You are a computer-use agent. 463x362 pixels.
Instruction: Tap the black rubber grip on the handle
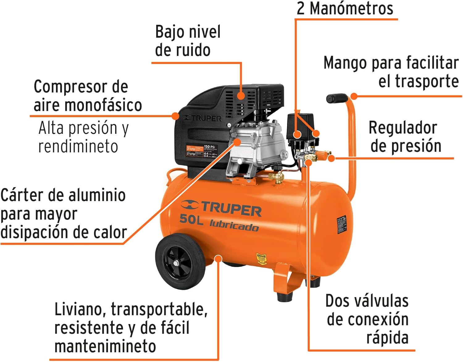point(336,98)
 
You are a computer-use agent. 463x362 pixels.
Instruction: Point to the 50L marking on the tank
point(191,219)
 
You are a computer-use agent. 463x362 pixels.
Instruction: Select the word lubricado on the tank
point(234,225)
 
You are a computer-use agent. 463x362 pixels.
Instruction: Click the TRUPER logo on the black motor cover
point(202,118)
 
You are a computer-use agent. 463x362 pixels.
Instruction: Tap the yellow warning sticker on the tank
point(261,259)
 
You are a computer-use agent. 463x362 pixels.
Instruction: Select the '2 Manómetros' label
point(345,8)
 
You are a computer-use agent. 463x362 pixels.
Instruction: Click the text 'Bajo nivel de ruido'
point(188,41)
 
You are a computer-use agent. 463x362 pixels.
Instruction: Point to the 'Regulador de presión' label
point(405,137)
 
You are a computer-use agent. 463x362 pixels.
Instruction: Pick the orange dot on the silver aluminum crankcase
point(237,142)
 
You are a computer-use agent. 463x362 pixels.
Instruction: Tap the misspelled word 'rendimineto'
point(78,146)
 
